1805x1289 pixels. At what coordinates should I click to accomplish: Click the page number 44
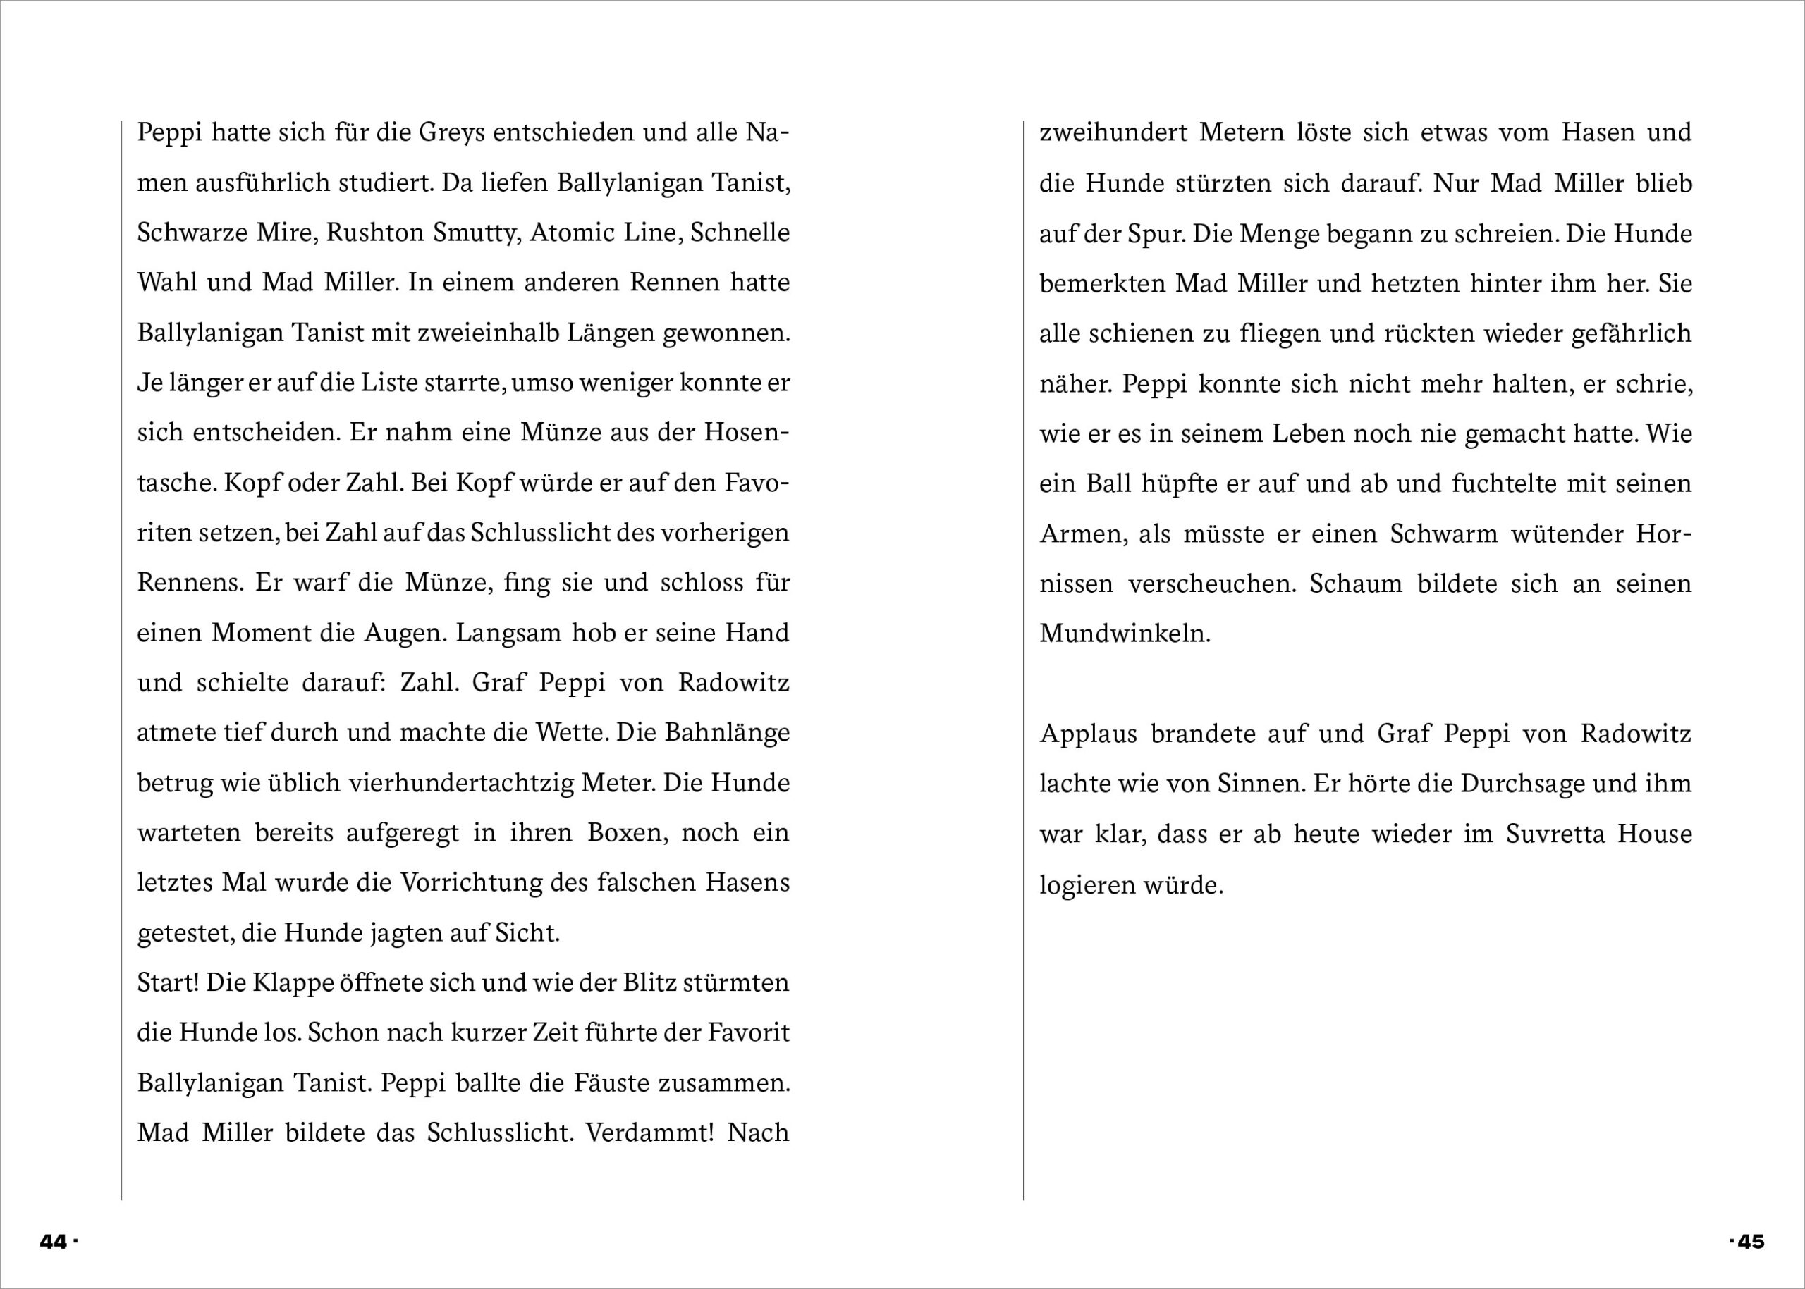point(53,1241)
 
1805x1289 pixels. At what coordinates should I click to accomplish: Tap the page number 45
point(1750,1241)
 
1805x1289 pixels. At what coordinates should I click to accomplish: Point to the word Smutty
point(474,233)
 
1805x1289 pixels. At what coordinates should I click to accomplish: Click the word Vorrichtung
point(472,882)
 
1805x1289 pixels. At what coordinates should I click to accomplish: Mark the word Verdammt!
point(650,1133)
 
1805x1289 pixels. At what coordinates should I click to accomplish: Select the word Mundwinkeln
point(1125,634)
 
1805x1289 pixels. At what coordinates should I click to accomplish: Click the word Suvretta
point(1555,834)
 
